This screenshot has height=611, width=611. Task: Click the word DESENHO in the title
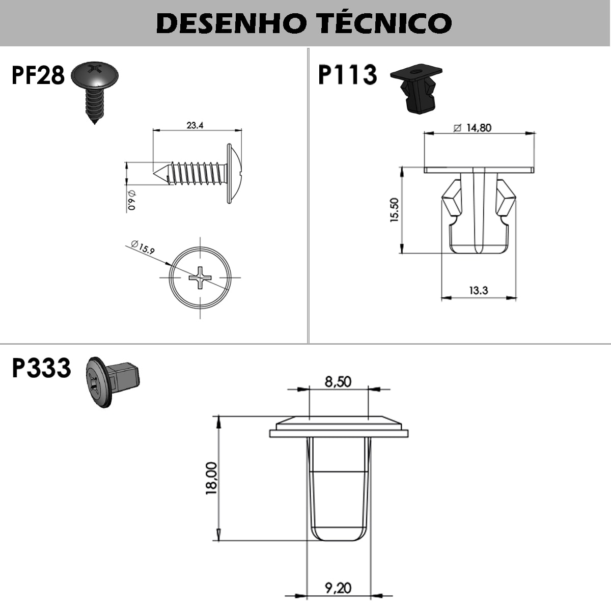tap(232, 23)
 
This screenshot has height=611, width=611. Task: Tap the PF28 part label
tap(38, 75)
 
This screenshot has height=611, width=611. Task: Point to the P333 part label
tap(41, 368)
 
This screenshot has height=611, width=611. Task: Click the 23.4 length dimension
tap(195, 126)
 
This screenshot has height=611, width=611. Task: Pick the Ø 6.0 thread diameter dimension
tap(131, 200)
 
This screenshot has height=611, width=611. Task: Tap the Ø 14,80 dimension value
tap(473, 128)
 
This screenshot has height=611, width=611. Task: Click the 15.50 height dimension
tap(395, 210)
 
